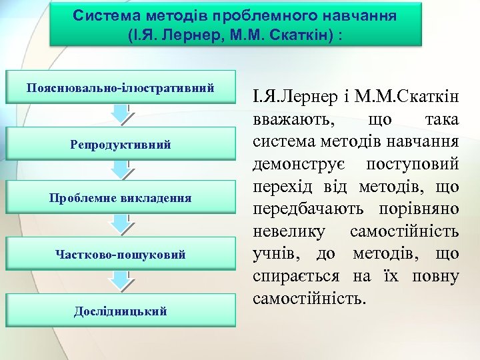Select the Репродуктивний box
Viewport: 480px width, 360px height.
point(121,144)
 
